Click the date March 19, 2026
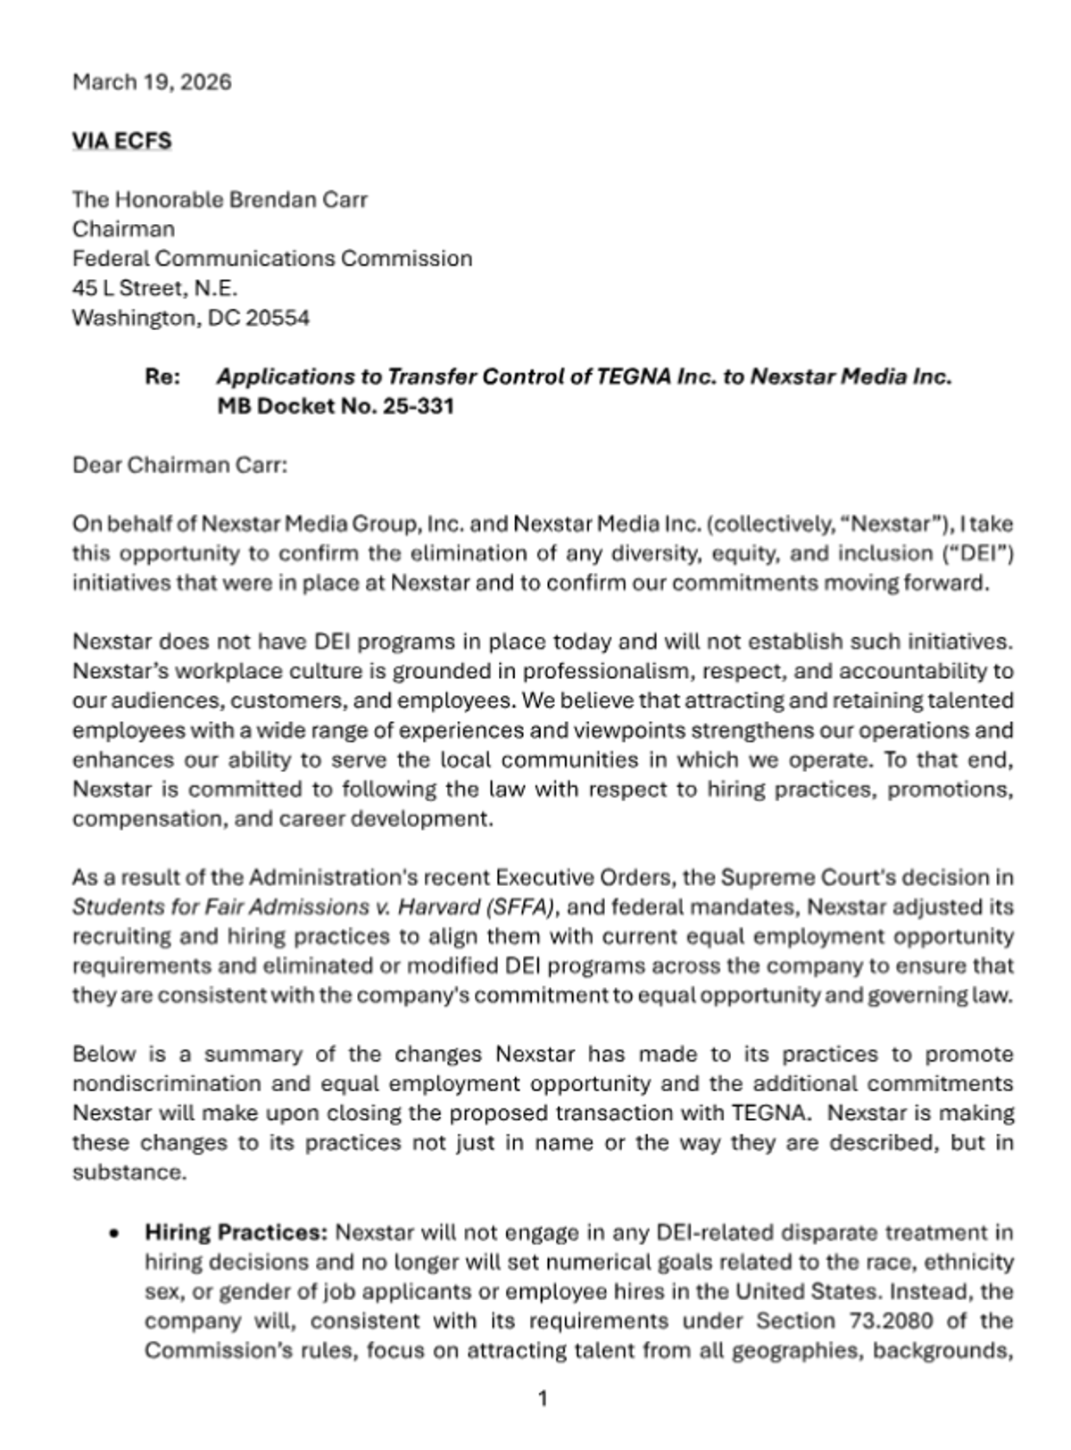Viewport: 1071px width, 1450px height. point(152,82)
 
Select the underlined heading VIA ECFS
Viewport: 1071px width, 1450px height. point(121,141)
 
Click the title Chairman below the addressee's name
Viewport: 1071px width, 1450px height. point(123,228)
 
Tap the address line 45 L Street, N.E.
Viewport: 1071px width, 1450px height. point(154,287)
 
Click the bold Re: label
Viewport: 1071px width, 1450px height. point(162,377)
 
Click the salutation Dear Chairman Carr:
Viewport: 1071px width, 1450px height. point(179,465)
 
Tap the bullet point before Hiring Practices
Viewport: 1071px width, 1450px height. point(113,1234)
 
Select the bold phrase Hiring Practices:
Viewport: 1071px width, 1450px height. point(237,1233)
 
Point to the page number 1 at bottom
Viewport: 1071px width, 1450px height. point(543,1398)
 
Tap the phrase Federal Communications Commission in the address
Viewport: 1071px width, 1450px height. point(272,258)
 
